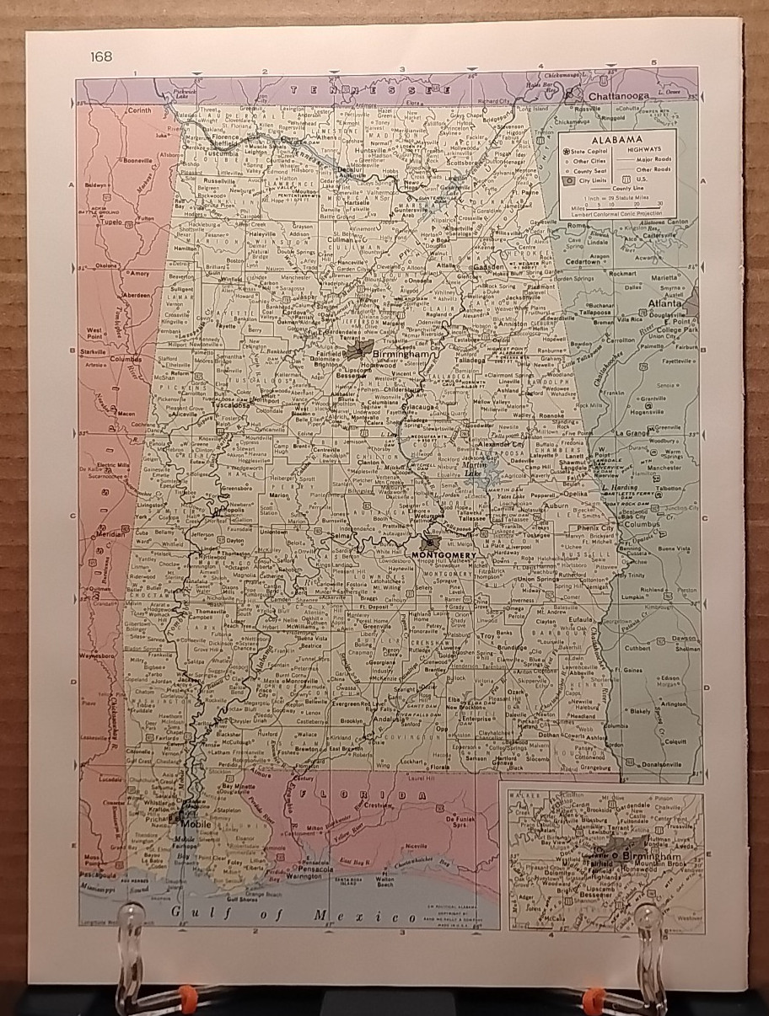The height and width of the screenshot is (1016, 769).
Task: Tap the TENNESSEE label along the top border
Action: point(336,89)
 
